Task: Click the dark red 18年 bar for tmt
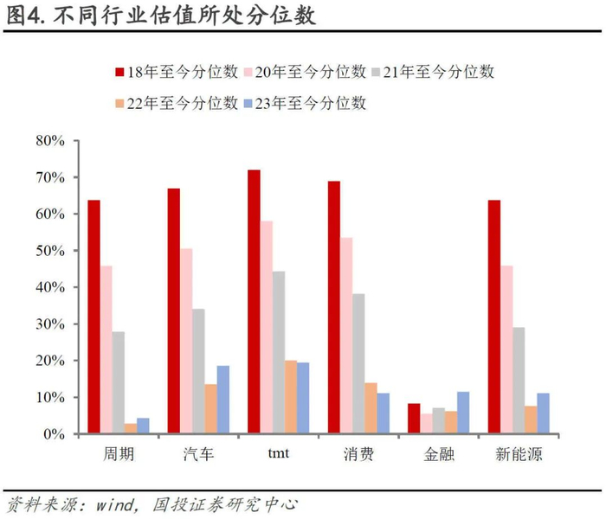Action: point(254,301)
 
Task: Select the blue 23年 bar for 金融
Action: point(463,413)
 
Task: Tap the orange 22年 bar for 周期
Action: point(131,428)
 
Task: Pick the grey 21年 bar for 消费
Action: point(358,363)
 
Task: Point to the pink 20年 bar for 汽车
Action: point(186,341)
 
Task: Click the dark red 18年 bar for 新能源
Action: point(494,317)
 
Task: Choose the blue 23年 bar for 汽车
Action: point(223,400)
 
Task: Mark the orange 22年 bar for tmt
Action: point(291,396)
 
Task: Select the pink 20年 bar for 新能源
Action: point(506,349)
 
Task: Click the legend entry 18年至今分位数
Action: point(177,72)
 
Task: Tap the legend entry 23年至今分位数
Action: point(305,103)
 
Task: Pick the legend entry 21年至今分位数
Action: point(433,72)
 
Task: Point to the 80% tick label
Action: point(50,140)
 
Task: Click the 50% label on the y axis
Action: point(50,251)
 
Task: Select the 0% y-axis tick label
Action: point(54,434)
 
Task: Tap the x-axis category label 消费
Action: point(358,454)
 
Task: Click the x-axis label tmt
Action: point(278,453)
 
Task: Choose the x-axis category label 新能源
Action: point(519,454)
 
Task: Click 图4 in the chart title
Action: point(23,16)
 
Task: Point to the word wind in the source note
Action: point(115,504)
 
